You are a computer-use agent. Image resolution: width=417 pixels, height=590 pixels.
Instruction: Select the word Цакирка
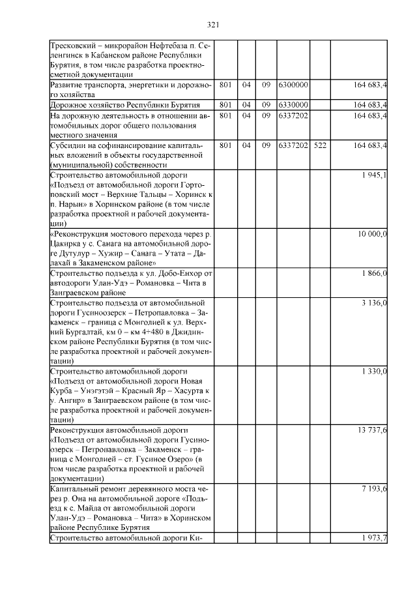point(66,243)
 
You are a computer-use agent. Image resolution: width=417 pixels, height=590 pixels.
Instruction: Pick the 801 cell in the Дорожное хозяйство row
point(226,104)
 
